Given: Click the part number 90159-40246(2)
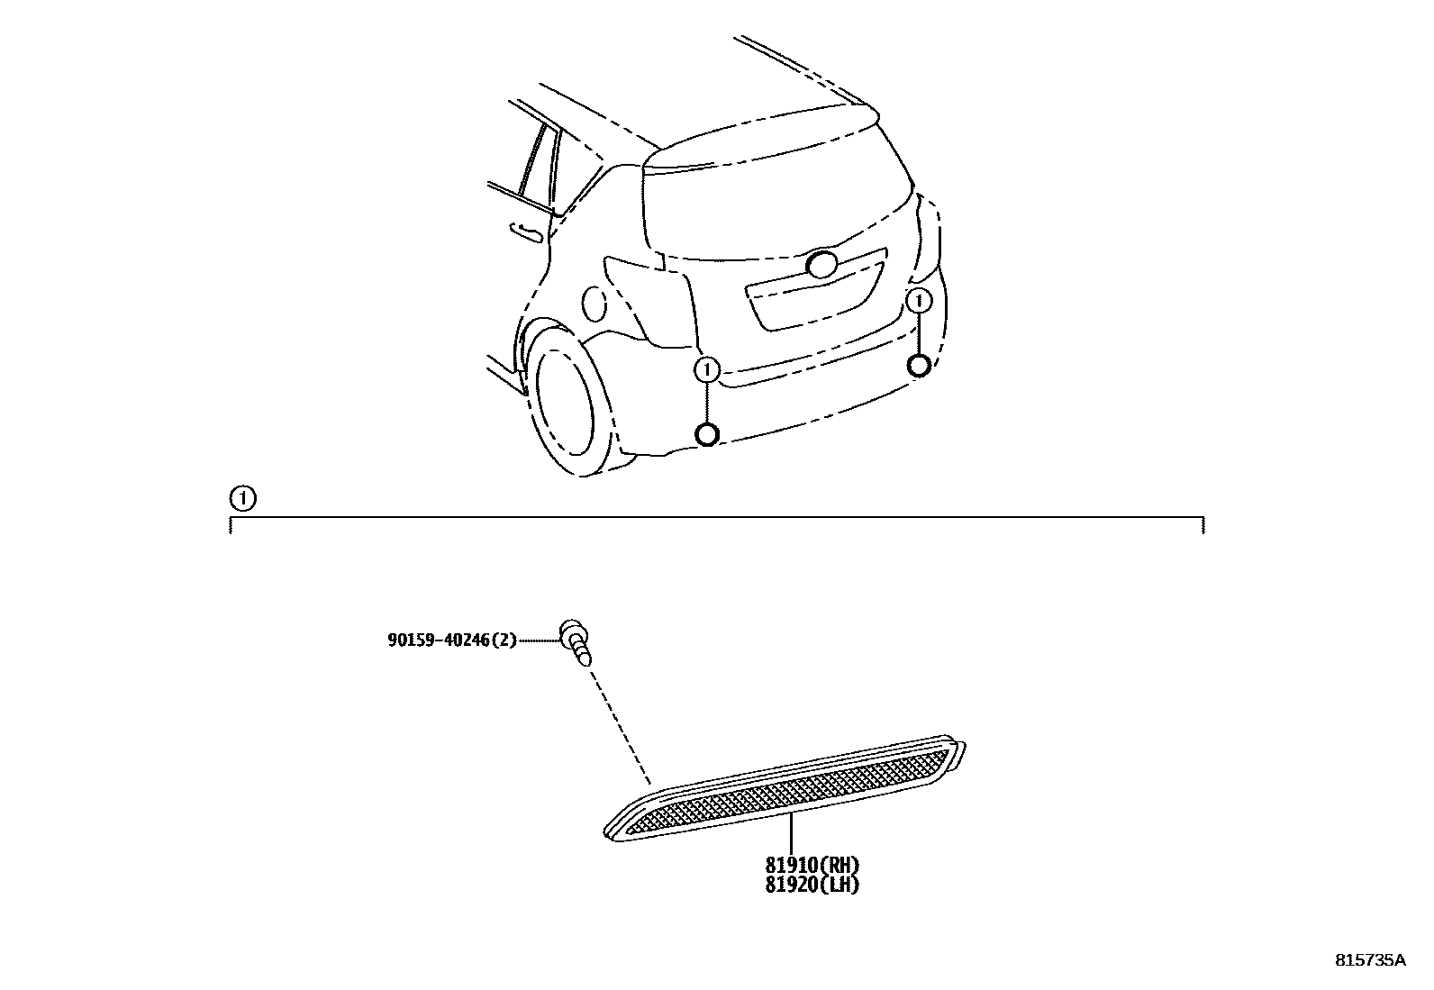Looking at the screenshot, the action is click(452, 640).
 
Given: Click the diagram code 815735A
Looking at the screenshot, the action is click(1369, 960).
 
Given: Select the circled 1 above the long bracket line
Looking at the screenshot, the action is click(241, 497).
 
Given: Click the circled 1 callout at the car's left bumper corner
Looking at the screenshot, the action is click(707, 368).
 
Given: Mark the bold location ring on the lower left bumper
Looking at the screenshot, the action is click(707, 435).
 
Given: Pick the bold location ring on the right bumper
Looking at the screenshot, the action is click(919, 365).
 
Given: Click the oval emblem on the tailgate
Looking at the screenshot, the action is click(822, 264).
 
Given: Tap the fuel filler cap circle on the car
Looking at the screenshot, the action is click(595, 303).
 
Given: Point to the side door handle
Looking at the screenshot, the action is click(527, 232).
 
